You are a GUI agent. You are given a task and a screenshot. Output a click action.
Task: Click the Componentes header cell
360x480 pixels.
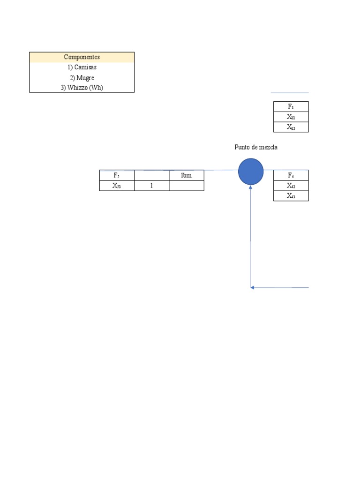pyautogui.click(x=82, y=57)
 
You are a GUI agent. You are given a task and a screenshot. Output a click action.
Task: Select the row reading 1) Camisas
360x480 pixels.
pyautogui.click(x=82, y=67)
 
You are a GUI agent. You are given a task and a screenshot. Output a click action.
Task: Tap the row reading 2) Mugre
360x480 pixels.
pyautogui.click(x=82, y=78)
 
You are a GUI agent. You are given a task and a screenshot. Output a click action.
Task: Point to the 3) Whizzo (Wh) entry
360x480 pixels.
pyautogui.click(x=82, y=88)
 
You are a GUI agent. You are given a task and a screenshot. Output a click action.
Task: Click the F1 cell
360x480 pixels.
pyautogui.click(x=291, y=107)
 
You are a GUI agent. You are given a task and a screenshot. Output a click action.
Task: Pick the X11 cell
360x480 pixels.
pyautogui.click(x=291, y=117)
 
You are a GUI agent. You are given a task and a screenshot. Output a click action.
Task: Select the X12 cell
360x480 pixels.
pyautogui.click(x=291, y=127)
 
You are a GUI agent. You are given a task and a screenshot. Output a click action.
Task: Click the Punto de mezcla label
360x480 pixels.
pyautogui.click(x=256, y=147)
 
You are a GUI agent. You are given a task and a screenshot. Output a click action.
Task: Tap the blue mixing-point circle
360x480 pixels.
pyautogui.click(x=251, y=172)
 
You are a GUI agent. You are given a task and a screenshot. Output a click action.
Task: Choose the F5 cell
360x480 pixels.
pyautogui.click(x=117, y=175)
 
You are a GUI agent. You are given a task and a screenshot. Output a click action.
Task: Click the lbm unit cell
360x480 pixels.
pyautogui.click(x=187, y=175)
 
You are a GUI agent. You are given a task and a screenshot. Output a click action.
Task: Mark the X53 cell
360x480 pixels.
pyautogui.click(x=117, y=186)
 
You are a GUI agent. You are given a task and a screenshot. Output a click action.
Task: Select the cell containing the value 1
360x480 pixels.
pyautogui.click(x=151, y=186)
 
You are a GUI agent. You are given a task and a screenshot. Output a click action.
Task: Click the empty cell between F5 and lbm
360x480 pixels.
pyautogui.click(x=151, y=175)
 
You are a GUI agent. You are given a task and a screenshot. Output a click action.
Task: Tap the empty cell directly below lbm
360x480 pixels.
pyautogui.click(x=187, y=186)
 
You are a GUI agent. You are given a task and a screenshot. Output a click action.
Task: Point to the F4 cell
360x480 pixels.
pyautogui.click(x=291, y=176)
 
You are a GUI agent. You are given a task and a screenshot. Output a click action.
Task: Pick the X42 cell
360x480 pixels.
pyautogui.click(x=291, y=186)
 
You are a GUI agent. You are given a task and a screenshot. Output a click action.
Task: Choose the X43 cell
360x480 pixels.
pyautogui.click(x=291, y=196)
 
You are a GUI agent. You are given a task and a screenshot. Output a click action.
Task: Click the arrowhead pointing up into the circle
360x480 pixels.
pyautogui.click(x=251, y=187)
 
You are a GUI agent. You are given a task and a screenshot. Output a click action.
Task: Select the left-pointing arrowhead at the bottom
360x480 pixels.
pyautogui.click(x=253, y=287)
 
